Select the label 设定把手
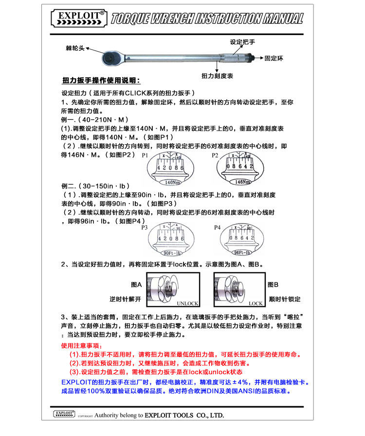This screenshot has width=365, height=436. tap(242, 42)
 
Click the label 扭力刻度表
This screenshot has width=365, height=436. tap(217, 76)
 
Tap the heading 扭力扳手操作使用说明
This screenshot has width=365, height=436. tap(101, 80)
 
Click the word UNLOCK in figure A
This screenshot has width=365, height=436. tap(187, 303)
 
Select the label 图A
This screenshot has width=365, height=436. tap(136, 284)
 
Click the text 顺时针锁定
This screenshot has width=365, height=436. tap(284, 299)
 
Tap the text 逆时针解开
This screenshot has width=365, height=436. tap(125, 299)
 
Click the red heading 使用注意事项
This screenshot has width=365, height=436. tap(82, 345)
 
